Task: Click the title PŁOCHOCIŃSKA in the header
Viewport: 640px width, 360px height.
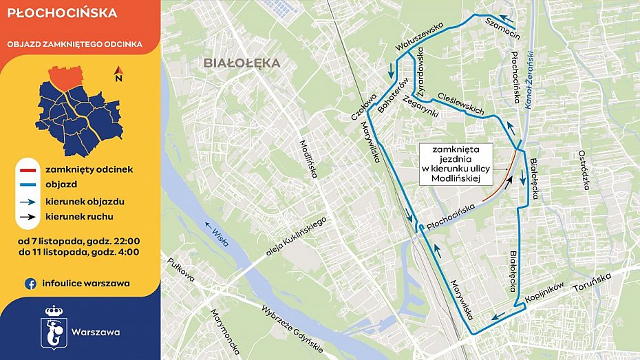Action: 62,13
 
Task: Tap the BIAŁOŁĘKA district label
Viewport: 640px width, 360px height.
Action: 242,63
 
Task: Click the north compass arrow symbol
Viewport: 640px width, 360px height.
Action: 118,74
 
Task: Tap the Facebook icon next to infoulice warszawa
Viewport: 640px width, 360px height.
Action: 30,283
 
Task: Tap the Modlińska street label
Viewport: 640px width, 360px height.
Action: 306,159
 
